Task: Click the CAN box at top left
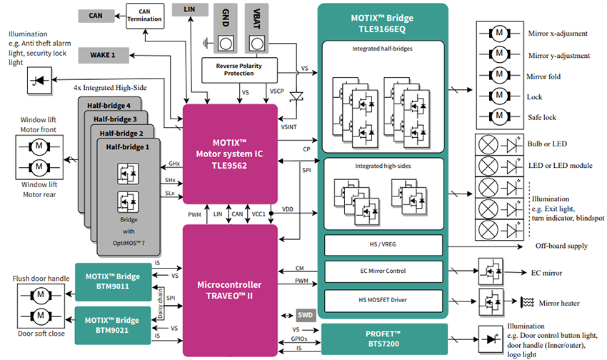click(x=96, y=15)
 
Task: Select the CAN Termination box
click(x=145, y=15)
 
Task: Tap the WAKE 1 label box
click(x=102, y=54)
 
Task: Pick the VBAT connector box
click(x=256, y=29)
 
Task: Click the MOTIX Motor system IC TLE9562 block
click(x=231, y=153)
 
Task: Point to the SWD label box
click(x=303, y=315)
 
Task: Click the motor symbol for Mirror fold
click(x=500, y=76)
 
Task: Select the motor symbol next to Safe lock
click(x=500, y=117)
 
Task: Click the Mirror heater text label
click(x=558, y=304)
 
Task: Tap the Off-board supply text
click(x=561, y=246)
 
